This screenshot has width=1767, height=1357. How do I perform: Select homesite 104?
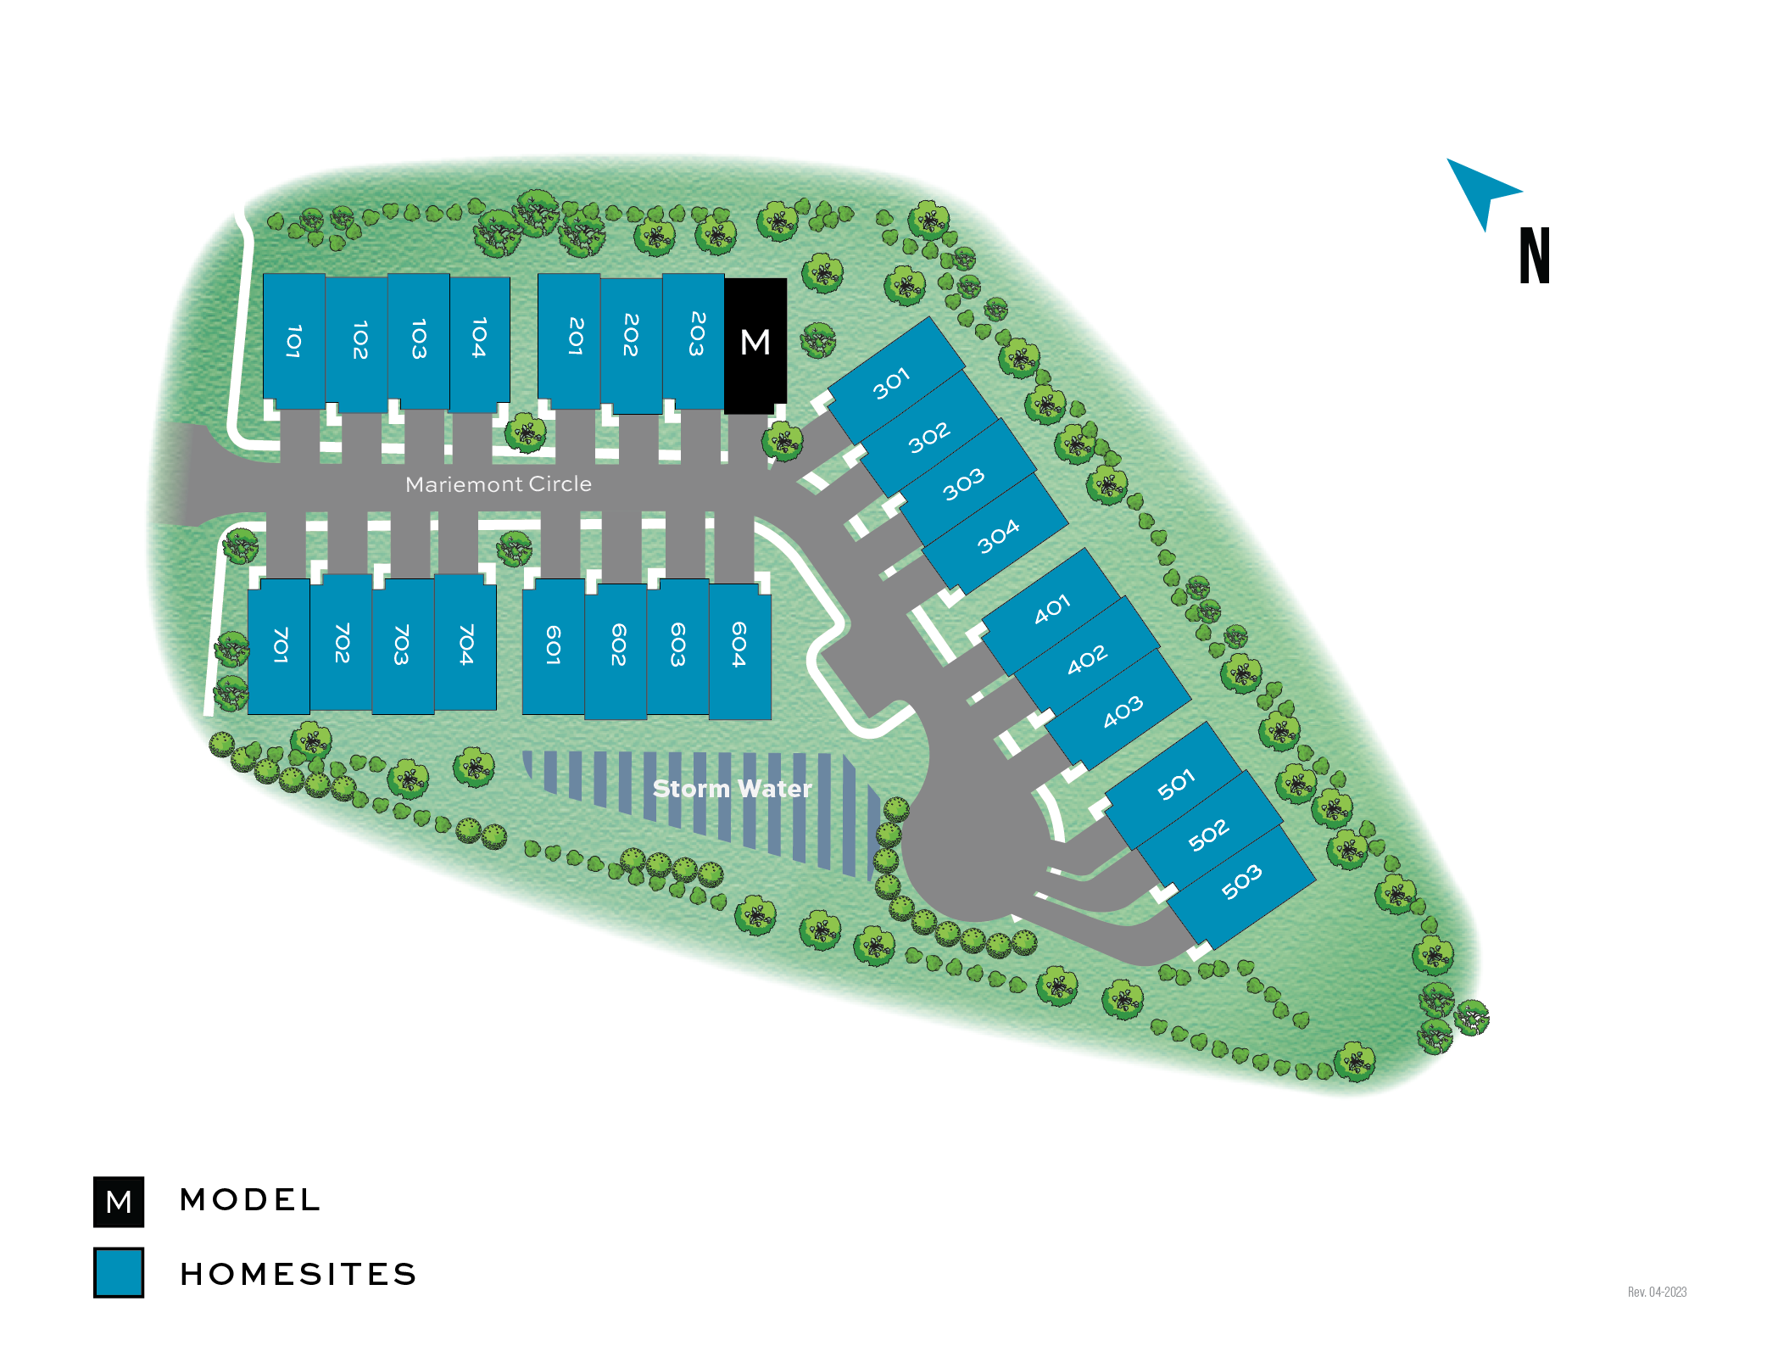pos(479,339)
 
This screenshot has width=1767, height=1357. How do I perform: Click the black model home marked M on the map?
pos(755,343)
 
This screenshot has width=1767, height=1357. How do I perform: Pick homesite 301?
pos(894,382)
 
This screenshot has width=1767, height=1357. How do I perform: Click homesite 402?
pos(1087,658)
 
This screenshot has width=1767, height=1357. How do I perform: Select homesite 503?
pos(1242,882)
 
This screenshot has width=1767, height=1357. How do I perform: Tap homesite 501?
pos(1175,785)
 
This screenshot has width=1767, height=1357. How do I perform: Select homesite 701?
pos(280,646)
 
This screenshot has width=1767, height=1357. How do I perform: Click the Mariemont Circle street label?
pos(499,484)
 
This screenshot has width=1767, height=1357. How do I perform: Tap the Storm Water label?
pos(732,789)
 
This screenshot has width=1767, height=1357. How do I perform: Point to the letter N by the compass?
pos(1535,255)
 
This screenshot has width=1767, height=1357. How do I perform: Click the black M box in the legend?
pos(119,1202)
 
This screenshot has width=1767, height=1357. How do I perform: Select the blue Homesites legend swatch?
pos(119,1272)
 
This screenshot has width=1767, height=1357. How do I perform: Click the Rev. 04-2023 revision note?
pos(1657,1292)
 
